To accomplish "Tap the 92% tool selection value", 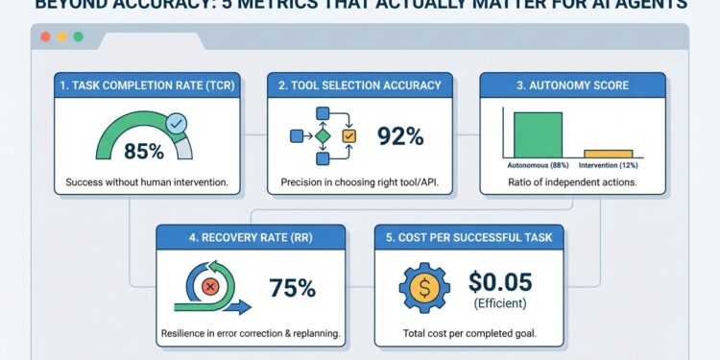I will click(x=400, y=136).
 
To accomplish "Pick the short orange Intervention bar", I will click(x=609, y=153).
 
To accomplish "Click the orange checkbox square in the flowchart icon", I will click(x=348, y=136).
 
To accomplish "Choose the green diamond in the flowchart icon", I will click(x=323, y=136).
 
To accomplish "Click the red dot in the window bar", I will click(x=43, y=36).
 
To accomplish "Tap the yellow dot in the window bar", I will click(x=60, y=36).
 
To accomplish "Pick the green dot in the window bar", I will click(x=78, y=36).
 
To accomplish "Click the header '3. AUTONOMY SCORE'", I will click(x=571, y=84).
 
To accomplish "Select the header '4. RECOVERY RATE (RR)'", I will click(x=252, y=235).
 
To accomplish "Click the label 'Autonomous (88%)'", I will click(x=538, y=166).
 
